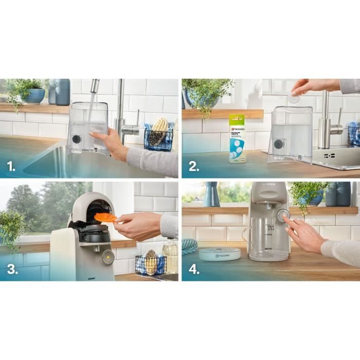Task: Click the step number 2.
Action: pyautogui.click(x=192, y=166)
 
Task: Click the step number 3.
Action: pyautogui.click(x=10, y=269)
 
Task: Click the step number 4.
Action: pyautogui.click(x=193, y=269)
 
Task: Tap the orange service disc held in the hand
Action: pyautogui.click(x=105, y=218)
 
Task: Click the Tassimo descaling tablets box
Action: pyautogui.click(x=237, y=138)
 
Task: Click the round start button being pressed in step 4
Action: pyautogui.click(x=283, y=215)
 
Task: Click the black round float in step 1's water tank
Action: pyautogui.click(x=76, y=139)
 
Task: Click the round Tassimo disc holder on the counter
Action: pyautogui.click(x=220, y=254)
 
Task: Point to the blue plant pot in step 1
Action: pyautogui.click(x=34, y=96)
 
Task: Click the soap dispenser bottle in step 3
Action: pyautogui.click(x=170, y=255)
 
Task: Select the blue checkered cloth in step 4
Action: pyautogui.click(x=189, y=245)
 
